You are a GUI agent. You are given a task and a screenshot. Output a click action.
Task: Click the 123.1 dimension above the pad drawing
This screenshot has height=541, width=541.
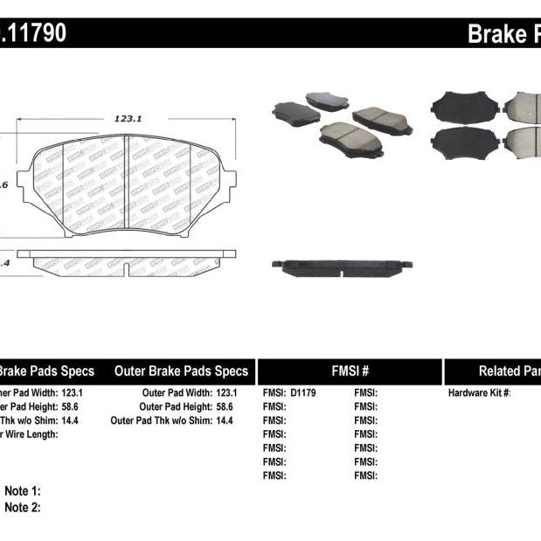[128, 121]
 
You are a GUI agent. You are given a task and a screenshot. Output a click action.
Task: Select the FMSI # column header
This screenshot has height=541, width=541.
[349, 371]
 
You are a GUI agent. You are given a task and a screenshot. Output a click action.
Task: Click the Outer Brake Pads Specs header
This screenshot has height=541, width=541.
[181, 371]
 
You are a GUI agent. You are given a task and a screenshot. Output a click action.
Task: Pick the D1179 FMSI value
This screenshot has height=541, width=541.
[302, 393]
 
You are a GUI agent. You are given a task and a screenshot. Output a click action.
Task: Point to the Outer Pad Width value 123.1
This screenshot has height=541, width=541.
[226, 393]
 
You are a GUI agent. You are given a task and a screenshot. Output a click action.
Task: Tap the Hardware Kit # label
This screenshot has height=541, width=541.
[479, 393]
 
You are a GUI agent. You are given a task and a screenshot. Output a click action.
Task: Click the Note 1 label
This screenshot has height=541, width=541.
[23, 492]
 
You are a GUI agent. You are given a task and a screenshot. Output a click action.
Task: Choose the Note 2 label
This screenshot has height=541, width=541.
[23, 507]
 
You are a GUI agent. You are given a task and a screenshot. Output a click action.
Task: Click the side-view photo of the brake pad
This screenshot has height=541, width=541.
[342, 265]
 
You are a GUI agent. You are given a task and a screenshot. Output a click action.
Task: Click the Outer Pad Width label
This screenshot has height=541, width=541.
[177, 393]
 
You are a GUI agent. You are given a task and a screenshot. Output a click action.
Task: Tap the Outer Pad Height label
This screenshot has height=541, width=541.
[175, 406]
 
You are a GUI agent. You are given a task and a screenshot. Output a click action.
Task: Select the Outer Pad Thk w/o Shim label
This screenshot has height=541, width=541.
[161, 420]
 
